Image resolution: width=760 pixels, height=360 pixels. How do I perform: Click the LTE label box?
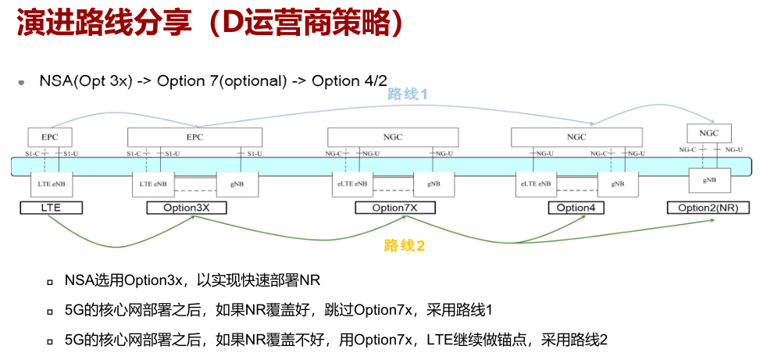tap(51, 208)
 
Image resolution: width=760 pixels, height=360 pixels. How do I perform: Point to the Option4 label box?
tap(577, 208)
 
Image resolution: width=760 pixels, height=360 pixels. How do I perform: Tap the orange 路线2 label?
tap(404, 246)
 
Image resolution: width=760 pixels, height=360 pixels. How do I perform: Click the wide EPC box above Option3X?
tap(195, 137)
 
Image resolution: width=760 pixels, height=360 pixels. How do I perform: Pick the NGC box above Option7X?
tap(393, 137)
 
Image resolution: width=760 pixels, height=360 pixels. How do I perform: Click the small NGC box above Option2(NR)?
tap(708, 133)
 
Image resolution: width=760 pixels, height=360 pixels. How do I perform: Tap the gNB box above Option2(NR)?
tap(710, 180)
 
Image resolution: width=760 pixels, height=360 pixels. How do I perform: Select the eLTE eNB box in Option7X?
tap(351, 184)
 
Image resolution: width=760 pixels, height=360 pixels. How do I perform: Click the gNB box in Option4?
tap(618, 184)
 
